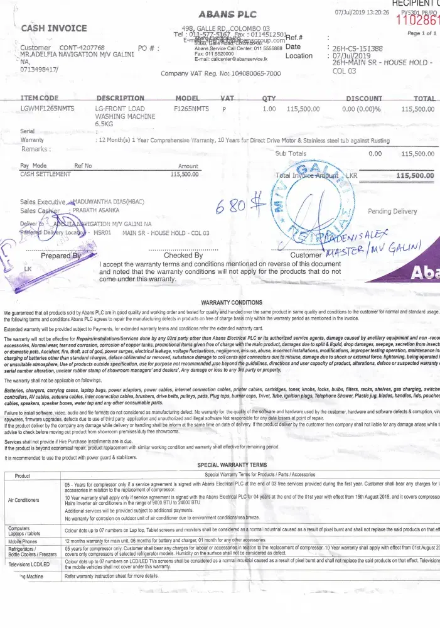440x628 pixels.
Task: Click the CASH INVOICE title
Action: (x=54, y=28)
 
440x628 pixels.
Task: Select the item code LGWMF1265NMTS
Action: (x=48, y=109)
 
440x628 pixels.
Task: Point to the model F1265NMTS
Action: (x=191, y=109)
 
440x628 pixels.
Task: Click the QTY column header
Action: (x=269, y=99)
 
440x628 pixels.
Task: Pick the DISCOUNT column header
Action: (x=363, y=99)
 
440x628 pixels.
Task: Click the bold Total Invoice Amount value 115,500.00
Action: (x=415, y=176)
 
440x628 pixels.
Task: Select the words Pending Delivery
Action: (x=392, y=212)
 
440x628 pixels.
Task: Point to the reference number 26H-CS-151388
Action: (x=357, y=48)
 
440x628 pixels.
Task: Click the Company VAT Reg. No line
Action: (x=220, y=73)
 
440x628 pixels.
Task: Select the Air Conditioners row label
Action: (x=24, y=501)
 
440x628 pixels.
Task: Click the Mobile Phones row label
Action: (x=23, y=541)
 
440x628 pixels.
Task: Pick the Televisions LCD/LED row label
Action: (x=28, y=565)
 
